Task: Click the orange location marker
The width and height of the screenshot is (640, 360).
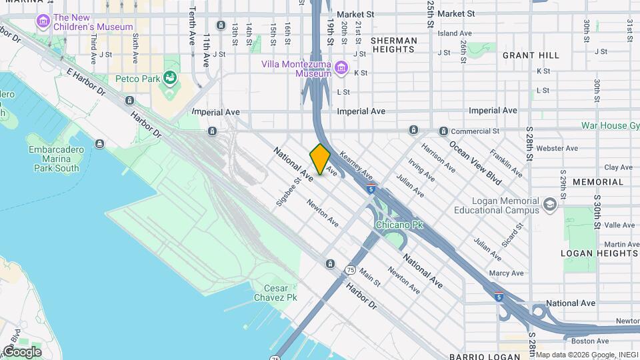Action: coord(320,159)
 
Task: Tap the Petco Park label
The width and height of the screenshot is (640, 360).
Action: coord(137,79)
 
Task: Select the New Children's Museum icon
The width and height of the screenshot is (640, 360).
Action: coord(43,22)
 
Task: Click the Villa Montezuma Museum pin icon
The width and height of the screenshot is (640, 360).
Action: coord(341,67)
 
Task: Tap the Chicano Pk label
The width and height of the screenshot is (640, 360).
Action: coord(399,225)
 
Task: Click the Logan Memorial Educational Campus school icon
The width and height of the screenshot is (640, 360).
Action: coord(549,203)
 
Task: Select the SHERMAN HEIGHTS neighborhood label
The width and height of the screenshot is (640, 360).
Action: coord(394,45)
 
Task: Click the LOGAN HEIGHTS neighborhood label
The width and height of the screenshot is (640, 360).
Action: coord(599,253)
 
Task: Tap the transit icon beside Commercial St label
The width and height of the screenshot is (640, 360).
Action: coord(443,131)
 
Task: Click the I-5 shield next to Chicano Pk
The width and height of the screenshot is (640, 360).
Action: coord(371,189)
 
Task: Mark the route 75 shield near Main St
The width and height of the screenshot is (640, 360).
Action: coord(350,270)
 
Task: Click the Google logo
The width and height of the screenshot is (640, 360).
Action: coord(22,351)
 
